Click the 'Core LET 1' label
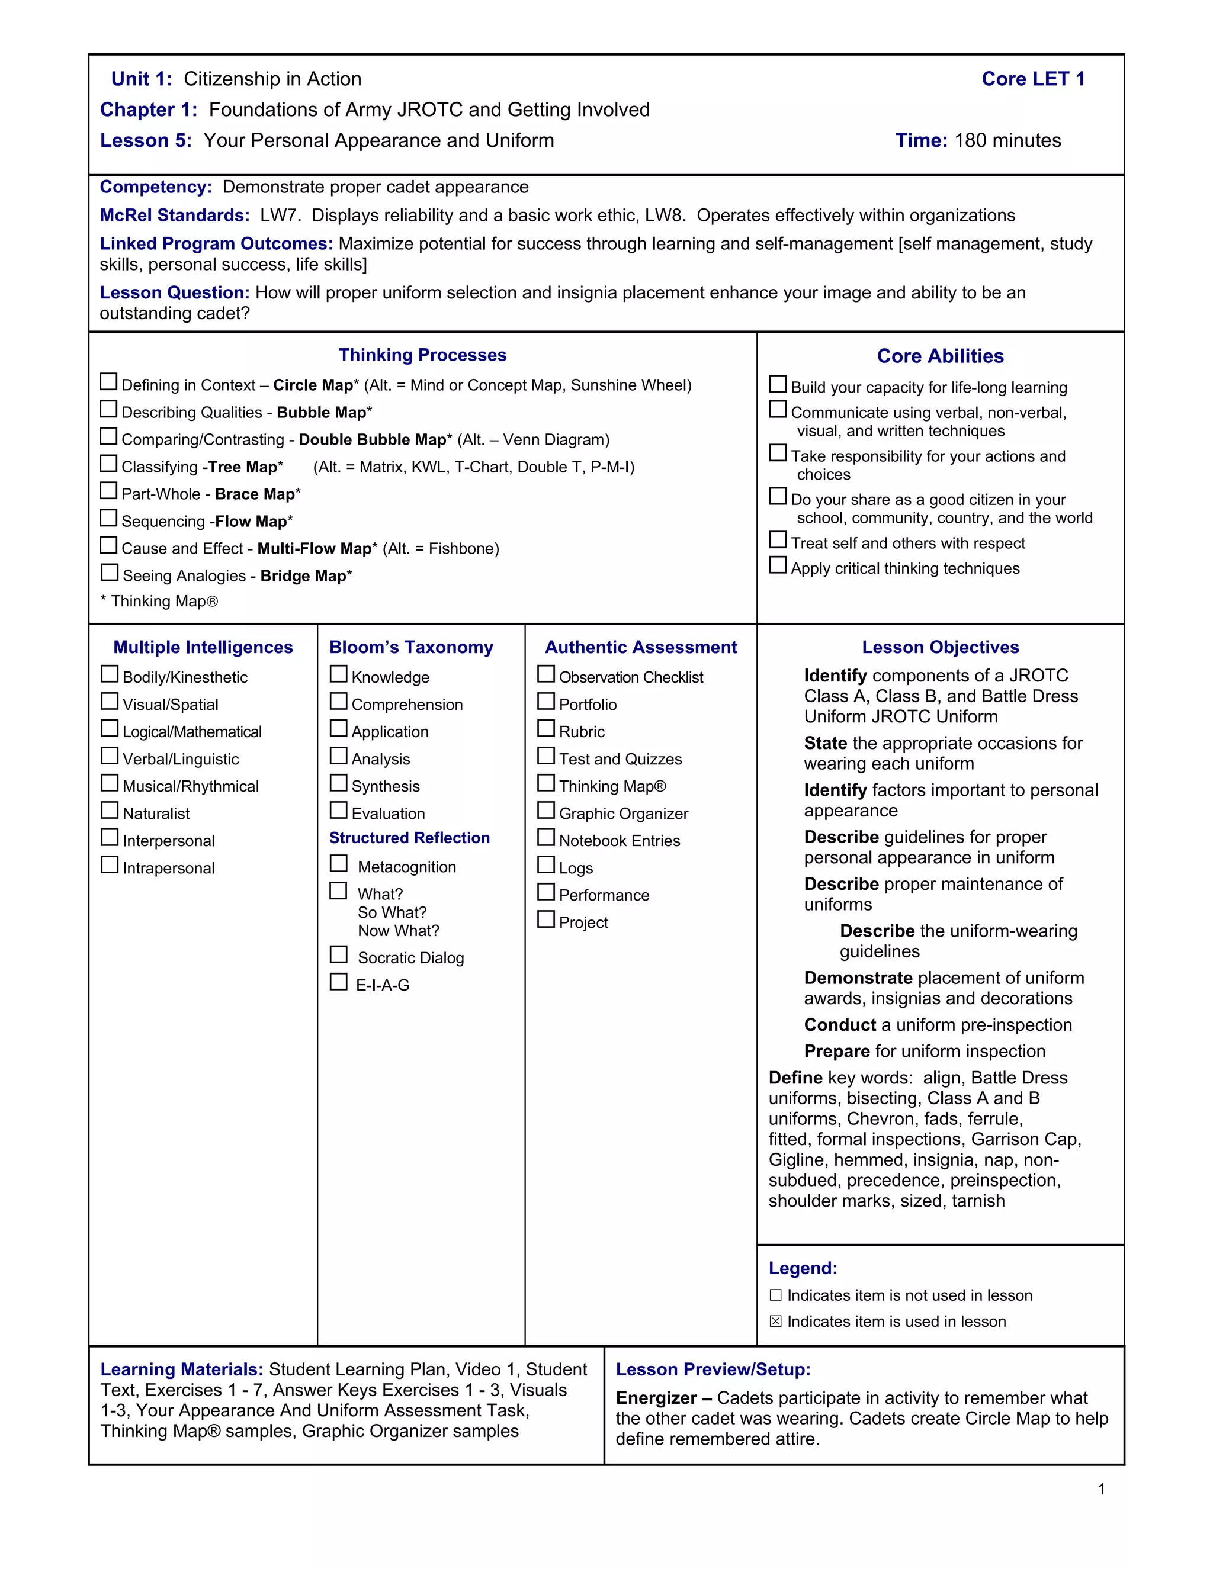point(1032,79)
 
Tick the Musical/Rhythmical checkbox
point(110,783)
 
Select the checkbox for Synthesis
point(338,783)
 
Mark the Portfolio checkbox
point(546,701)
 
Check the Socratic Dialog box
point(338,955)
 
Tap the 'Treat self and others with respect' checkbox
point(778,540)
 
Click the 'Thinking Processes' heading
point(422,355)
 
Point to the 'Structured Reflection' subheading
point(409,838)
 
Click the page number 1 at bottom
point(1102,1489)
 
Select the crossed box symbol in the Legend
point(775,1321)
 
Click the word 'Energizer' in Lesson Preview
point(656,1398)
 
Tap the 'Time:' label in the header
point(921,141)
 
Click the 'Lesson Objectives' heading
point(940,647)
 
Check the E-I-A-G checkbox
point(338,982)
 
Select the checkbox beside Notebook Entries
point(546,838)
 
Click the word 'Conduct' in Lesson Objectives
point(839,1025)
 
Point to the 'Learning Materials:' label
point(182,1369)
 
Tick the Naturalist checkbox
point(110,811)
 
